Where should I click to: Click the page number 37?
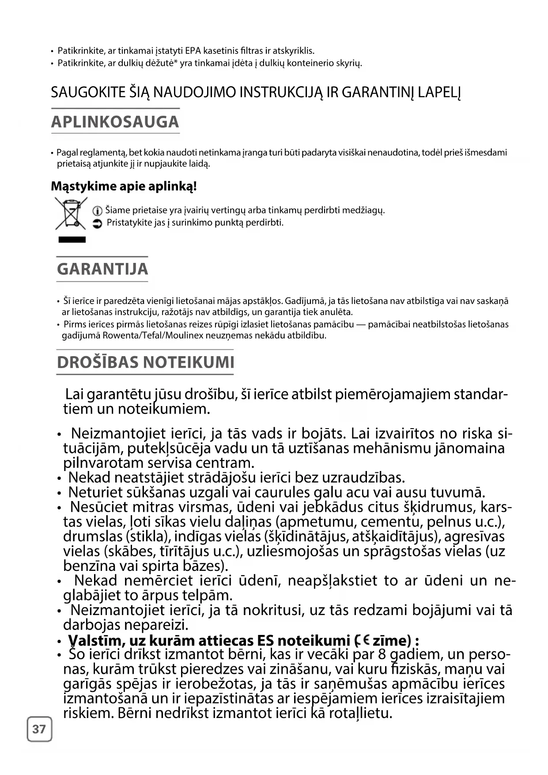[x=39, y=729]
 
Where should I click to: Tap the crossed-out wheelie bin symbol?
[x=71, y=214]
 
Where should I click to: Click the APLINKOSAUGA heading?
[x=115, y=122]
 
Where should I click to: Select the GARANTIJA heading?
[x=102, y=269]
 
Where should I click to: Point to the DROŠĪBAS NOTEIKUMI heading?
[x=145, y=362]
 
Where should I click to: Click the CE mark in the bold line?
[x=362, y=640]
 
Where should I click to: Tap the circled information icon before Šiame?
[x=98, y=211]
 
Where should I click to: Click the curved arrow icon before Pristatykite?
[x=98, y=224]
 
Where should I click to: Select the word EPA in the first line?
[x=193, y=51]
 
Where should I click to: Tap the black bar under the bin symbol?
[x=72, y=240]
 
